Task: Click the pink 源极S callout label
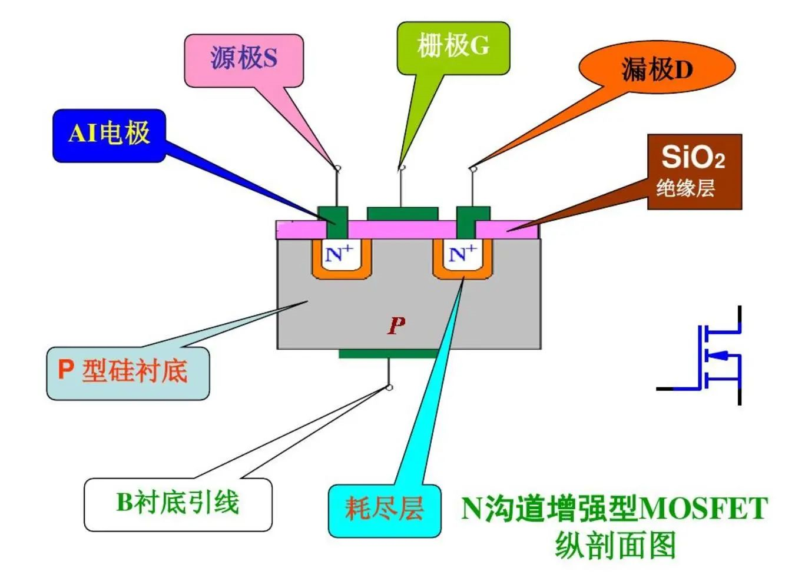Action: (244, 59)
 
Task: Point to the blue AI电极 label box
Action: (109, 135)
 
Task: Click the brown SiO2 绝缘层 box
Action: (694, 171)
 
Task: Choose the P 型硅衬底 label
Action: (127, 373)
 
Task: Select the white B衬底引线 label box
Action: (178, 504)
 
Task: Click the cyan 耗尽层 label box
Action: (384, 510)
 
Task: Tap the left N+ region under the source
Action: (340, 255)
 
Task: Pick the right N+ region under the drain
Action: (463, 255)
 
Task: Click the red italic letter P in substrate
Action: (396, 324)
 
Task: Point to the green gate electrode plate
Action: (402, 213)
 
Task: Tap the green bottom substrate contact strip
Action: (389, 354)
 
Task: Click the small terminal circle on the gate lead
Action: (402, 168)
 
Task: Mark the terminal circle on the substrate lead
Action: (389, 387)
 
